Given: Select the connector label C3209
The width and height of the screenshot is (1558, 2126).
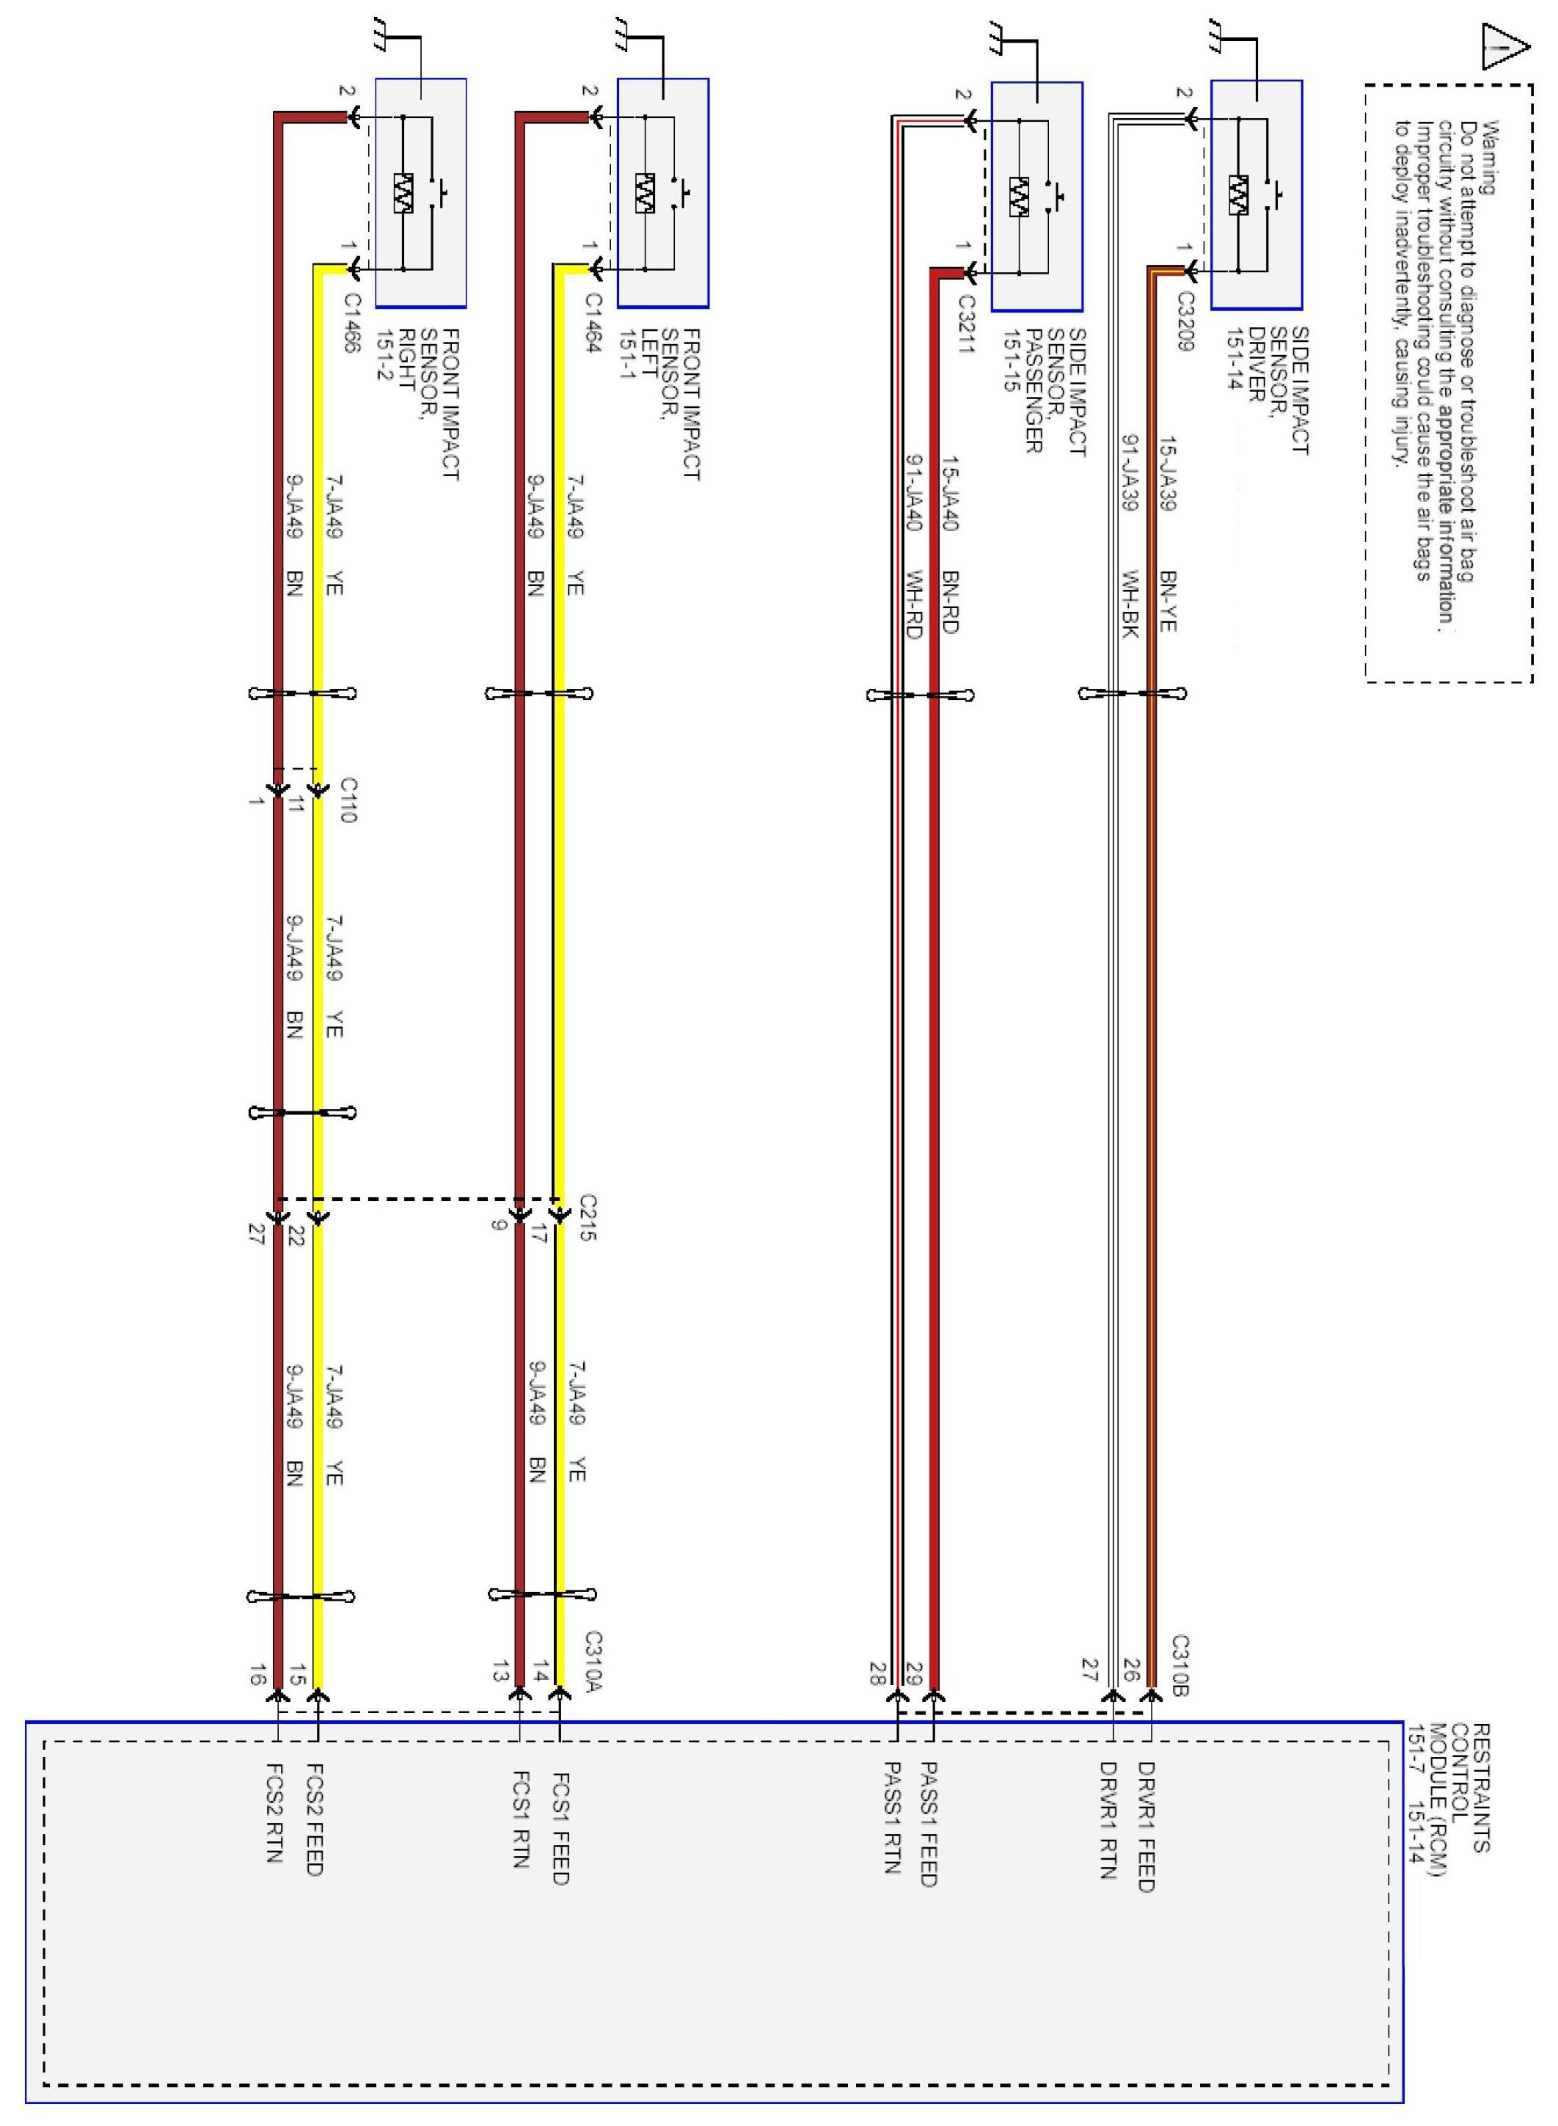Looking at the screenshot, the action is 1185,321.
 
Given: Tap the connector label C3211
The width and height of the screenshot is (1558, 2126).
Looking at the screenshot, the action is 965,324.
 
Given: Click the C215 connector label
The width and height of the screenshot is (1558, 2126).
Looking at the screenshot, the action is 588,1218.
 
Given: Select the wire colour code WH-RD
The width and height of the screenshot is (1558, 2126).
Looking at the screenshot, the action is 912,604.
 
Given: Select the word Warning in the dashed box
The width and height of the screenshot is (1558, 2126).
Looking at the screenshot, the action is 1489,158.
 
